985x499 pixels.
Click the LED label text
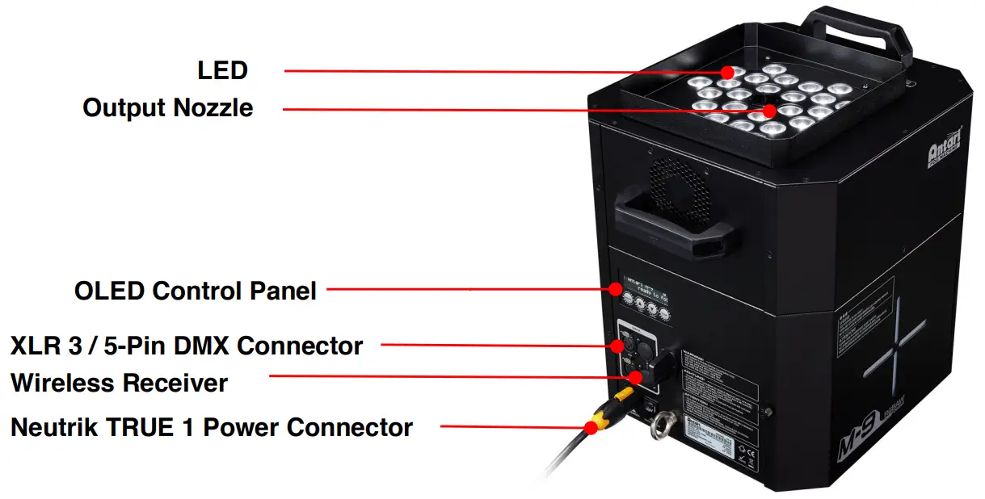222,70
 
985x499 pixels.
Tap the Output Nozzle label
168,107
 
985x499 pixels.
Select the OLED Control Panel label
196,290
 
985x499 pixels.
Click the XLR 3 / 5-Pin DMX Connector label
187,346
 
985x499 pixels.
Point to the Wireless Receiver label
119,382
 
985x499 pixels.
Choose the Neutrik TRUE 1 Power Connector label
212,426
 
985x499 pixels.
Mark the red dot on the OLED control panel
616,288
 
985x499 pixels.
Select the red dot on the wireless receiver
637,375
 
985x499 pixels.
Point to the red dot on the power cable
591,427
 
